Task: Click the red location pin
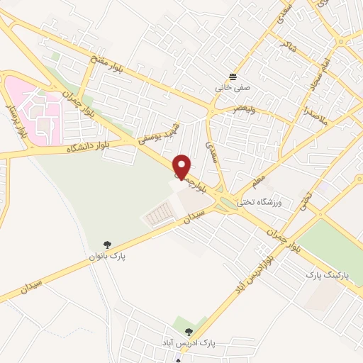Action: pos(182,166)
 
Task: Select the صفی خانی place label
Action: pos(233,89)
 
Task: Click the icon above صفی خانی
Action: pos(233,77)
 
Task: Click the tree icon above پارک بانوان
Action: pos(107,244)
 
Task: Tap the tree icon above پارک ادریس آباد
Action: pos(187,331)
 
